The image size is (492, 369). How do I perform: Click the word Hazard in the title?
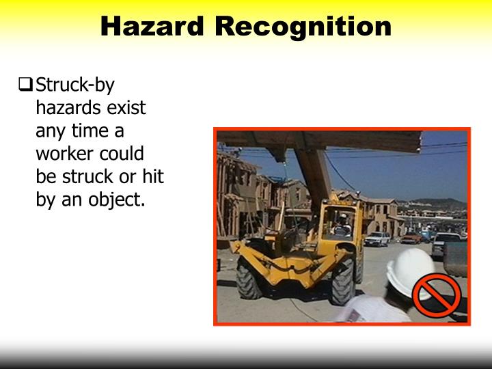(152, 27)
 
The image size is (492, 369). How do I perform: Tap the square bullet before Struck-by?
(25, 86)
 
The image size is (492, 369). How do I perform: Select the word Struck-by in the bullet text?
(75, 85)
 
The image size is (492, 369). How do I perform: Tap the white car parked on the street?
(377, 238)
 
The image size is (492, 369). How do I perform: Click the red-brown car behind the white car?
(411, 237)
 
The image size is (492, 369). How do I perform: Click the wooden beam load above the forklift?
(321, 140)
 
